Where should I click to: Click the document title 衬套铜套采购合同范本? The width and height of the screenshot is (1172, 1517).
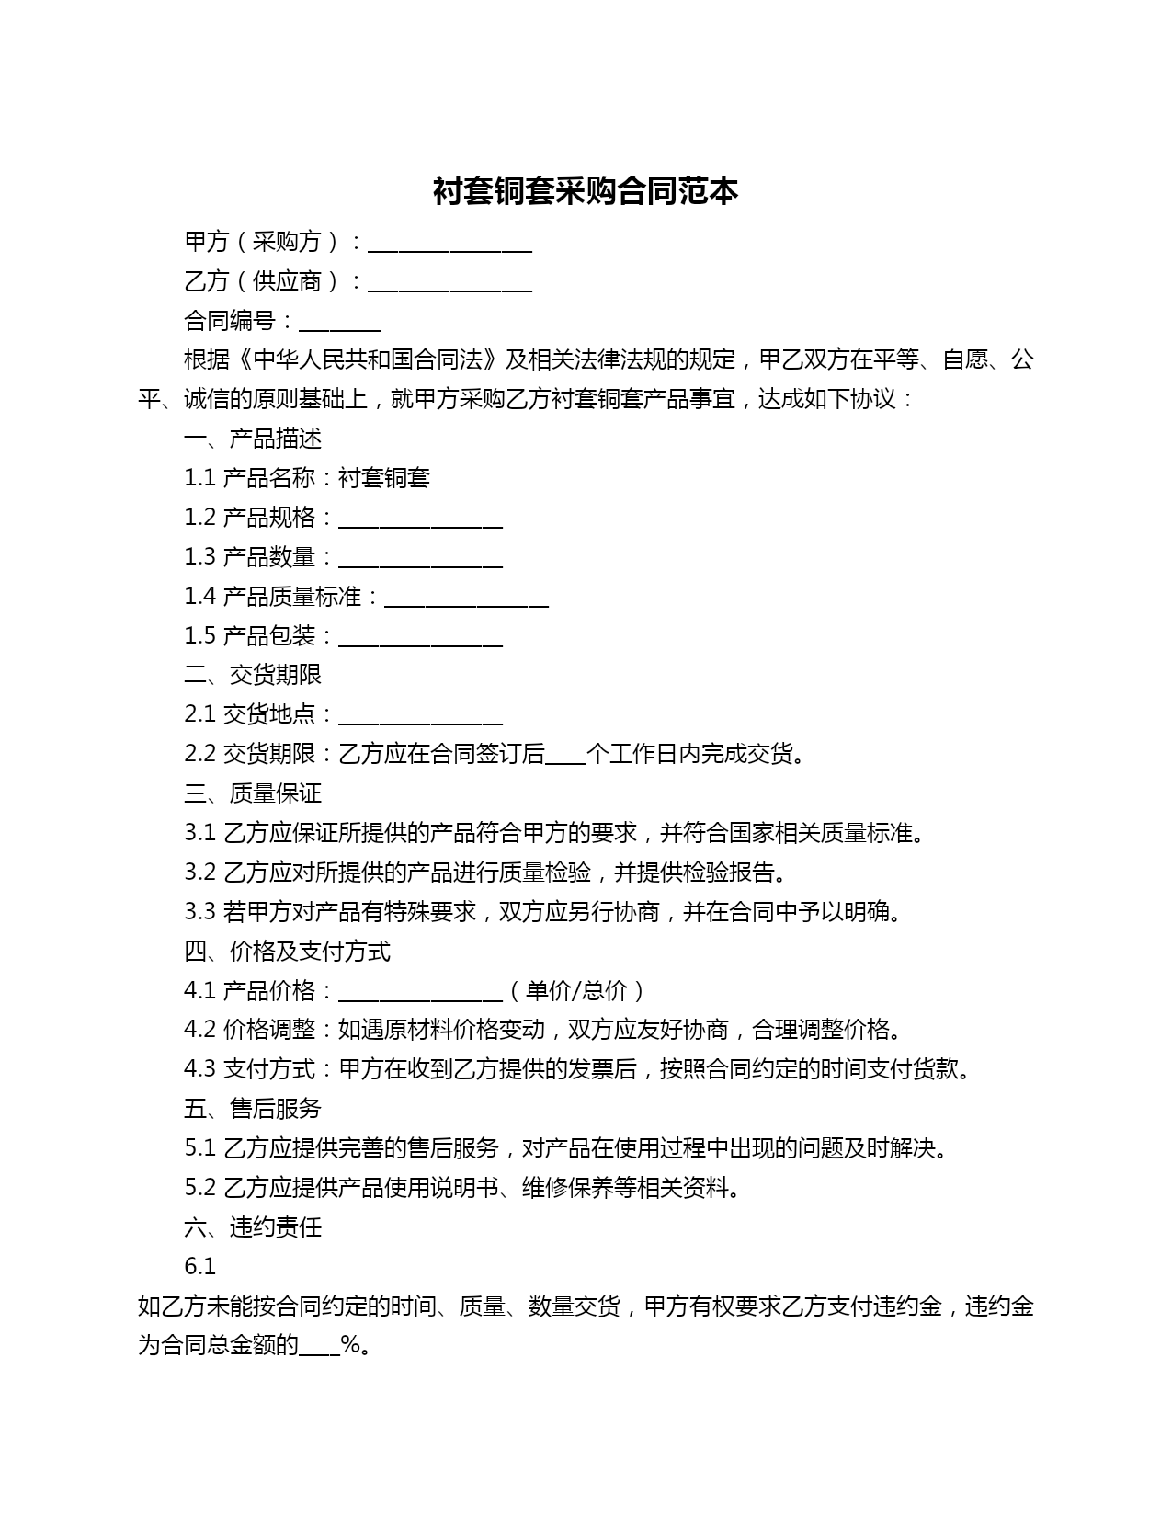(586, 191)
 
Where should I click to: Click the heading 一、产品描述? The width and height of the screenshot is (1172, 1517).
(253, 439)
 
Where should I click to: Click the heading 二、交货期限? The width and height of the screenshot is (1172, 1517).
(253, 675)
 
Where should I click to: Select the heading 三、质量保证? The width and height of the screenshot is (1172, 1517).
(253, 793)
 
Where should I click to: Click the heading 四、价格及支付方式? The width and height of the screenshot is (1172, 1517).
(287, 951)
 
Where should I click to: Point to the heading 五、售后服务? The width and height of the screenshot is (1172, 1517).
(253, 1109)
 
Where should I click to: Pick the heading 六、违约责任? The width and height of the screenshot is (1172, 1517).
(253, 1227)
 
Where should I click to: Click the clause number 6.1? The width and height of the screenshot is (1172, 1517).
(199, 1267)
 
